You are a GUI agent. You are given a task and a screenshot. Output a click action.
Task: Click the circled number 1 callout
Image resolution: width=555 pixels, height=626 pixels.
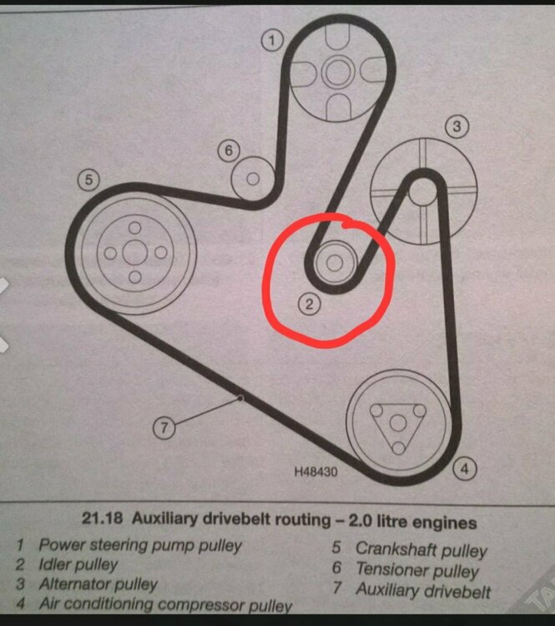click(271, 38)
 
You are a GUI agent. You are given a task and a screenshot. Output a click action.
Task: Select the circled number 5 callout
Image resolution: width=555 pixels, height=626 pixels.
click(88, 179)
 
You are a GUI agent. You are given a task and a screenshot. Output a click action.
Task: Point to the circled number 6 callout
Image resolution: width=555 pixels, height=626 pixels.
click(229, 151)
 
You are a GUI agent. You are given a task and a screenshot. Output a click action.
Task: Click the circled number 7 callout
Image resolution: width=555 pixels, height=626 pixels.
click(165, 428)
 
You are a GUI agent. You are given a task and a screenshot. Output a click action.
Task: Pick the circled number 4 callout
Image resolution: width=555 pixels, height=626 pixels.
click(465, 468)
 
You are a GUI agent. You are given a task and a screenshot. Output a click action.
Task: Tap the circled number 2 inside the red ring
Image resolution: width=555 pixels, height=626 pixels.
click(309, 304)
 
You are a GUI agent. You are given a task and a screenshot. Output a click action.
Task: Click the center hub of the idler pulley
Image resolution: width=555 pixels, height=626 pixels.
click(335, 262)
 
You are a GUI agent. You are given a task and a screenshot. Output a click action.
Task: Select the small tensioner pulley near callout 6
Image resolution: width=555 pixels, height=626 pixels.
click(253, 178)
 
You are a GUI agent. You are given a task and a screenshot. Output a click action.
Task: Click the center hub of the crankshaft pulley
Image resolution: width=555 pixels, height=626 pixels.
click(134, 251)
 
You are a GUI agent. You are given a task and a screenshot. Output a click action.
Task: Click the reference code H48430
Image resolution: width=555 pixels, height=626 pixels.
click(315, 472)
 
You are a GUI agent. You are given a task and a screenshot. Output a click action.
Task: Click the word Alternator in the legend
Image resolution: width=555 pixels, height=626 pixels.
click(74, 584)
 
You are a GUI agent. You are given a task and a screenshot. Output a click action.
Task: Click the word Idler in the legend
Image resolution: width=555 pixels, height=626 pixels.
click(54, 564)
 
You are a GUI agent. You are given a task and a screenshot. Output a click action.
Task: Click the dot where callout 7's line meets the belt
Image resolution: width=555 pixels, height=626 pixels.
click(241, 398)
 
